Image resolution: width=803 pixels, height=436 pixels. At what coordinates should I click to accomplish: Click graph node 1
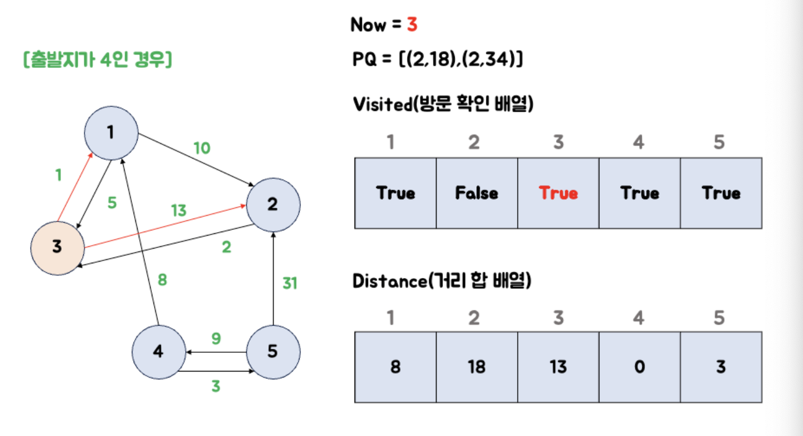pyautogui.click(x=112, y=132)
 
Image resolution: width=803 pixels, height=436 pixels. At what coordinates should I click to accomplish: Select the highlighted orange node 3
pyautogui.click(x=57, y=247)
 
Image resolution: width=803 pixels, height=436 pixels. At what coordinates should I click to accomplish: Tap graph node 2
pyautogui.click(x=273, y=204)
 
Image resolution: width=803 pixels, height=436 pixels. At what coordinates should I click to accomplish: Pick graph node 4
pyautogui.click(x=159, y=352)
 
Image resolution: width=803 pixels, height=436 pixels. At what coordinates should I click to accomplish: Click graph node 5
pyautogui.click(x=273, y=352)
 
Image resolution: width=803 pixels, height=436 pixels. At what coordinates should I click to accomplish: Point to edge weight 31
pyautogui.click(x=289, y=283)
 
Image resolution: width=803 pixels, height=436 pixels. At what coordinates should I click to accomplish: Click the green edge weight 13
pyautogui.click(x=178, y=211)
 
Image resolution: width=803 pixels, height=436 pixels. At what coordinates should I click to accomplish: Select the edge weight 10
pyautogui.click(x=202, y=148)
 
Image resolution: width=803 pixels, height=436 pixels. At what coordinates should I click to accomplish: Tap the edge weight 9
pyautogui.click(x=216, y=339)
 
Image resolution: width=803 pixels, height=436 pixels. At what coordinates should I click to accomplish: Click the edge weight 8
pyautogui.click(x=162, y=280)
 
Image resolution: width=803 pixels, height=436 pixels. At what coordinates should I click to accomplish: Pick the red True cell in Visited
pyautogui.click(x=558, y=193)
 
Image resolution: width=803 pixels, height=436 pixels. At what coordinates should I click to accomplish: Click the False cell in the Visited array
pyautogui.click(x=477, y=193)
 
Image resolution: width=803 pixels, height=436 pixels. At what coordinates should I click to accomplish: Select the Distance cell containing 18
pyautogui.click(x=477, y=367)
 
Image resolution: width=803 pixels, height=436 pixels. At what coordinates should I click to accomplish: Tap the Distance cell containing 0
pyautogui.click(x=639, y=367)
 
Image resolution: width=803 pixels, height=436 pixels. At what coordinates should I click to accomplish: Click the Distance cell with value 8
pyautogui.click(x=395, y=367)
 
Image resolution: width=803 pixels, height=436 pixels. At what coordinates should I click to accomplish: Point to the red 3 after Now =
pyautogui.click(x=412, y=25)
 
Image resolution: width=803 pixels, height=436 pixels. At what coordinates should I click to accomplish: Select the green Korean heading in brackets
pyautogui.click(x=97, y=59)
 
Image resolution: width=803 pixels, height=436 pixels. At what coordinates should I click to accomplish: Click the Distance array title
pyautogui.click(x=442, y=281)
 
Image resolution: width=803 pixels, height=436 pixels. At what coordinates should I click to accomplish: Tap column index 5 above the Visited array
pyautogui.click(x=719, y=142)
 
